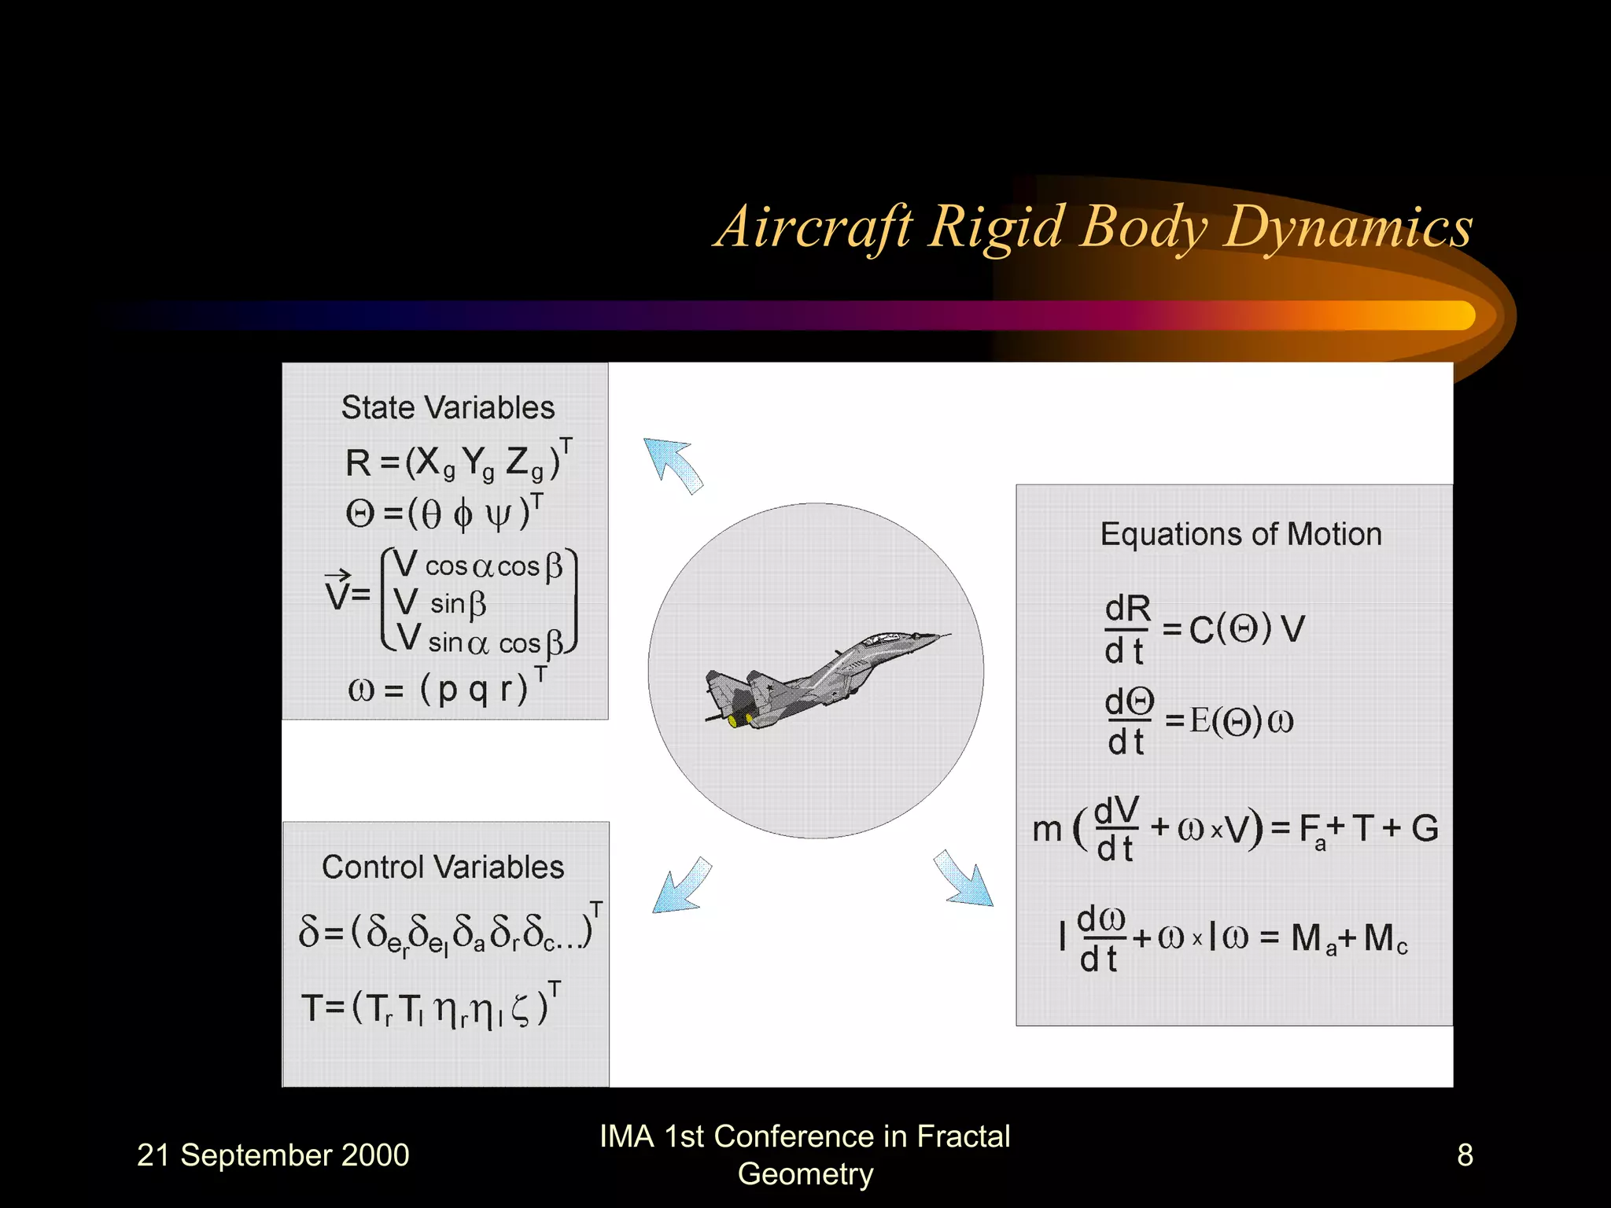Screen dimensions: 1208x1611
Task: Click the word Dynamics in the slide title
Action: coord(1347,228)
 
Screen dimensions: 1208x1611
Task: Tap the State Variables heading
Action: coord(448,407)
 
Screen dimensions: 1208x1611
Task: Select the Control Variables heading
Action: coord(443,867)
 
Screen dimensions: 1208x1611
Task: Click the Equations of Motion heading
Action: coord(1241,534)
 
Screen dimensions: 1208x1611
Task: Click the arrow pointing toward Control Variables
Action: coord(681,887)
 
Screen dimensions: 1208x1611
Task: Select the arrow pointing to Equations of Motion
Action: coord(964,879)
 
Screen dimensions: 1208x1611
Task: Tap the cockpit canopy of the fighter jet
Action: coord(889,639)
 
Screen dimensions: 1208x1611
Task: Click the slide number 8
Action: coord(1464,1155)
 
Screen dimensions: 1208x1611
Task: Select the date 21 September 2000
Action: coord(273,1155)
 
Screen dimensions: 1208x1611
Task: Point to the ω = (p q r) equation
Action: coord(447,688)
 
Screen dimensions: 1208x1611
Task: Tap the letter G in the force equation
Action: coord(1425,828)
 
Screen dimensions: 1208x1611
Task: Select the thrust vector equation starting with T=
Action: coord(430,1007)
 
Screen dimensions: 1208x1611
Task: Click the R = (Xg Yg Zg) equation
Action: coord(456,462)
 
